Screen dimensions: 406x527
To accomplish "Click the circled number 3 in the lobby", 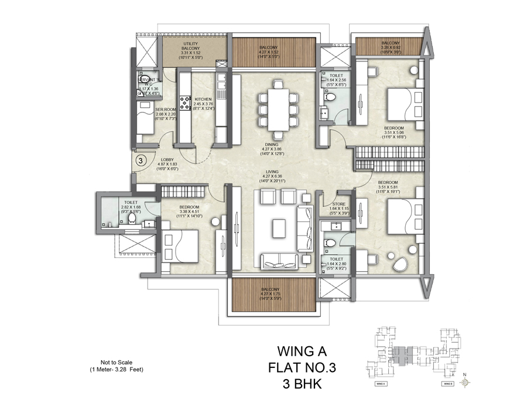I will tap(141, 159).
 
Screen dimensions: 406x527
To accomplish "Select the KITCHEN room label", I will tap(203, 100).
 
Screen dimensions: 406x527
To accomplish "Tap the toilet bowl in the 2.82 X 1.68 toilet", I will tap(132, 219).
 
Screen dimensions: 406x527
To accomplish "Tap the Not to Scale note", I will tap(109, 363).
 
